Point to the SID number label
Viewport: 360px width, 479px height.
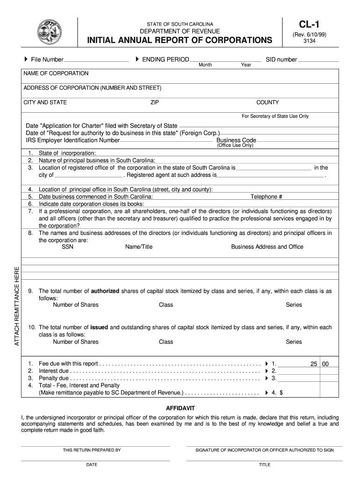[x=281, y=59]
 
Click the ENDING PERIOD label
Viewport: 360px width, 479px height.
[x=166, y=59]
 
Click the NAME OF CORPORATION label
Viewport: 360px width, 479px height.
[x=56, y=73]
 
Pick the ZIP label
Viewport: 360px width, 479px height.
[x=154, y=102]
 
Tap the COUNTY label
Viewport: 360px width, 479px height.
[x=267, y=102]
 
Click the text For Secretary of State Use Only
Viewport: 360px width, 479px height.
[x=275, y=116]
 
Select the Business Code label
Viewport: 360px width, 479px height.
[x=236, y=140]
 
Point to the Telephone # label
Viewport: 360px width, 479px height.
[x=266, y=197]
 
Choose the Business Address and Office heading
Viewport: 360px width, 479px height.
[x=267, y=247]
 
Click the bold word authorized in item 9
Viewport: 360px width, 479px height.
[x=105, y=291]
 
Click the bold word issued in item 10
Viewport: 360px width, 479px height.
[x=99, y=327]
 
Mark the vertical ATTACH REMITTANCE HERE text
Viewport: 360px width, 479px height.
[x=17, y=306]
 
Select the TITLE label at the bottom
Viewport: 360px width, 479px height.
[x=265, y=464]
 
